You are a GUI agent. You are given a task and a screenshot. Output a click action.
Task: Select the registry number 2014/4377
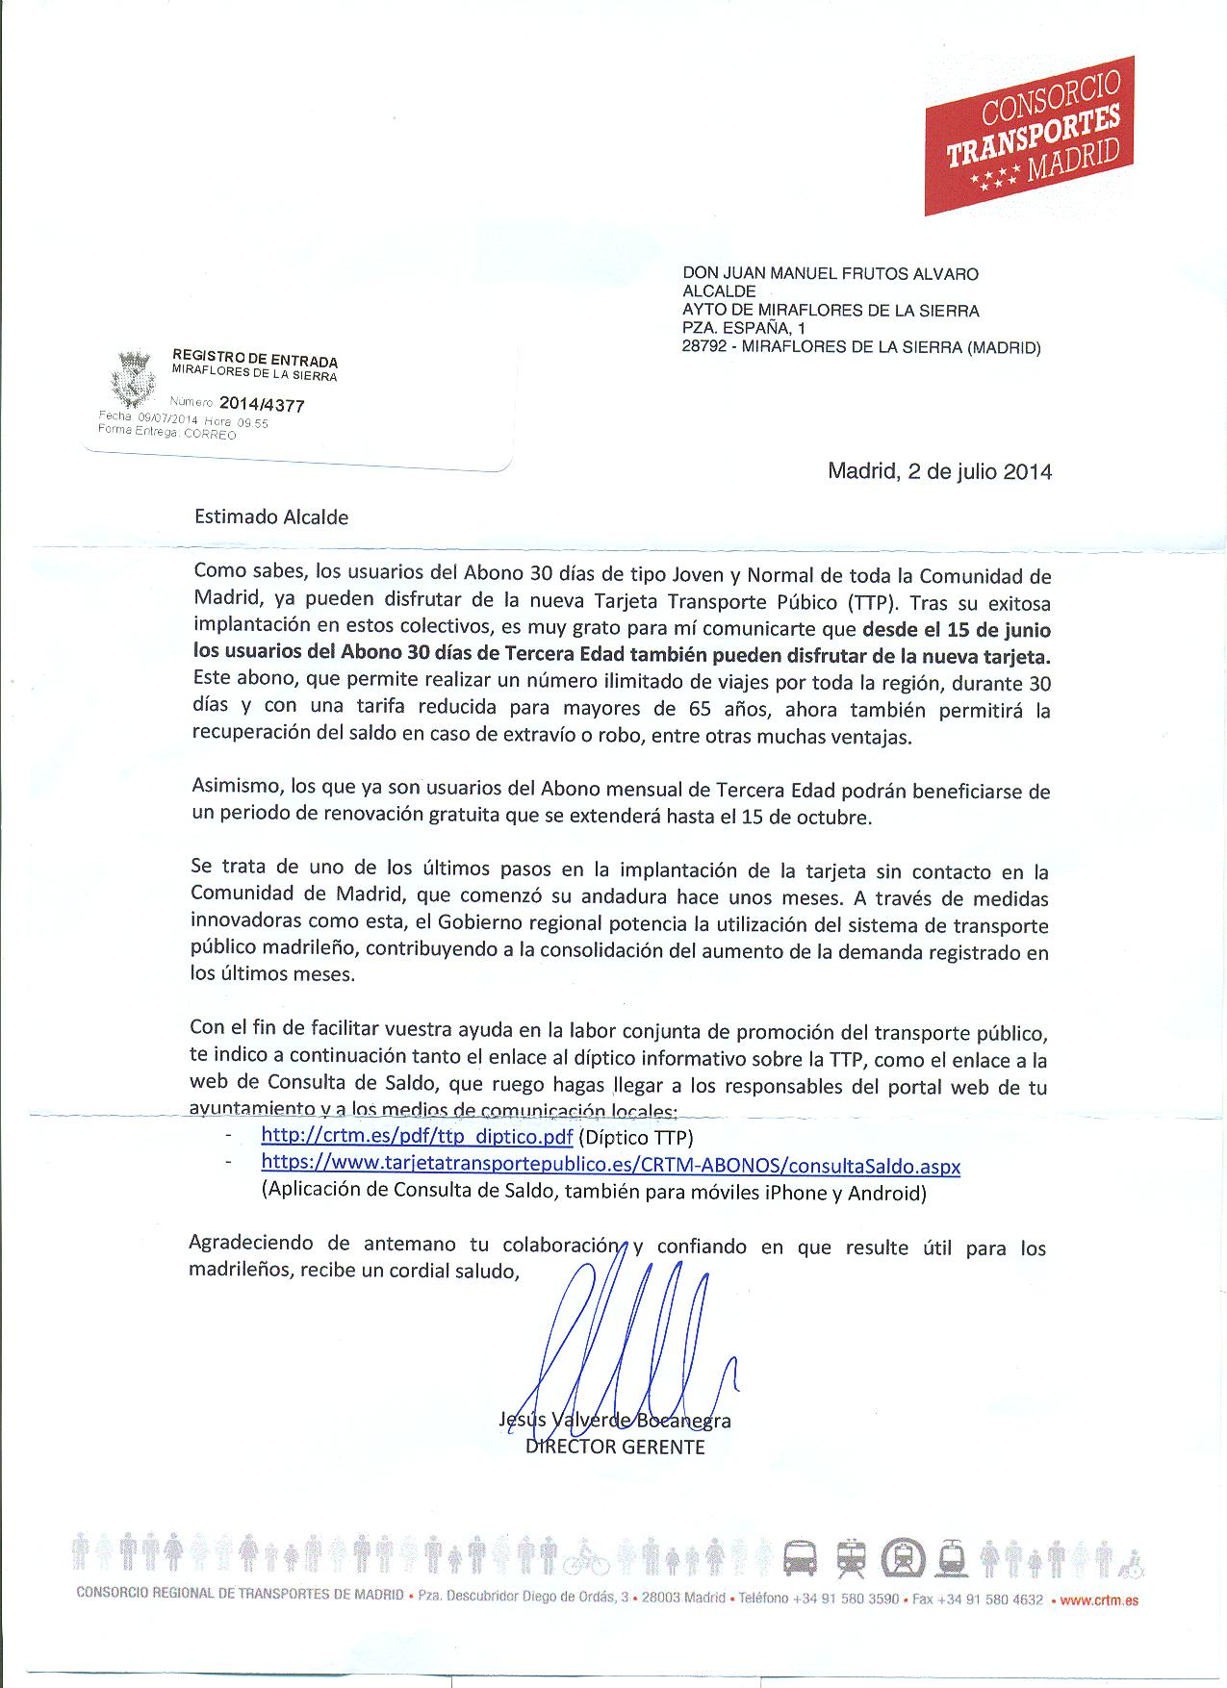[262, 405]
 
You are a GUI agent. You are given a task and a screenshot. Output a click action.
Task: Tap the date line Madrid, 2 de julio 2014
[939, 472]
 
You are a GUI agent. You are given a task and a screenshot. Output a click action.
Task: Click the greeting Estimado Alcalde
[271, 517]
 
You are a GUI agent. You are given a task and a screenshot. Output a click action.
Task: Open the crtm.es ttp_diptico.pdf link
[417, 1137]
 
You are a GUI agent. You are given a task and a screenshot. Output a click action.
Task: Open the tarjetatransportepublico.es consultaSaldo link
[610, 1165]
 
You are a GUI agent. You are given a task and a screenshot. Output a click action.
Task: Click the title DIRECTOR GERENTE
[615, 1447]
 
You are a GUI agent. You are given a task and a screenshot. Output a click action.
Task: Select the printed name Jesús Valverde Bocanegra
[615, 1421]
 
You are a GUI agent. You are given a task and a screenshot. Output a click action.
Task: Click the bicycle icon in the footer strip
[586, 1558]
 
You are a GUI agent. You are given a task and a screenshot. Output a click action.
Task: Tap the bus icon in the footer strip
[800, 1557]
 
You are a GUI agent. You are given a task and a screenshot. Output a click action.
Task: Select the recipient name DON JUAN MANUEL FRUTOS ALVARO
[830, 274]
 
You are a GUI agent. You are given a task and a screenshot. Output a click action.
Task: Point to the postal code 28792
[703, 348]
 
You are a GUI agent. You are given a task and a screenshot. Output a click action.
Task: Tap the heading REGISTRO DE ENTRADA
[255, 360]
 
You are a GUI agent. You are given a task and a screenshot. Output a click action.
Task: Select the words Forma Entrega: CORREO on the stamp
[167, 434]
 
